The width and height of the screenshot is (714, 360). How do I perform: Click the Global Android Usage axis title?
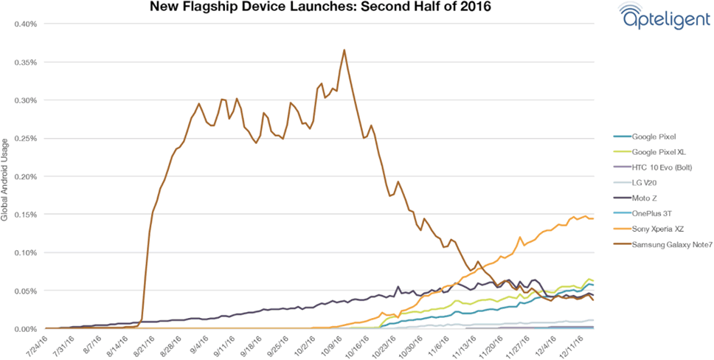[6, 177]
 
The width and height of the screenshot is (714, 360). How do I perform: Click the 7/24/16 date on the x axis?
[37, 344]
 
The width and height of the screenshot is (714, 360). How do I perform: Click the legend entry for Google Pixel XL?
[653, 151]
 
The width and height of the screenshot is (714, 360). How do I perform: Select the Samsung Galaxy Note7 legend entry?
[664, 244]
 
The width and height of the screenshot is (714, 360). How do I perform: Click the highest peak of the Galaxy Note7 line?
[344, 50]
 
